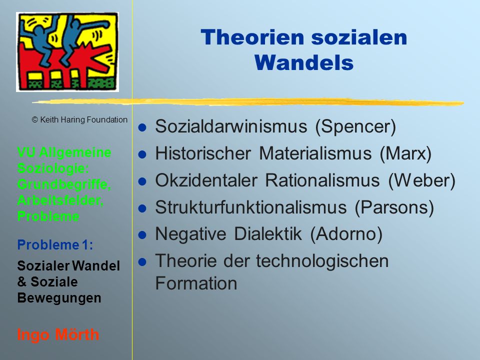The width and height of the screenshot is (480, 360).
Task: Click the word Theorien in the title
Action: point(252,37)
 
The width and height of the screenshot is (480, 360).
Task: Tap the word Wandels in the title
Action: point(304,63)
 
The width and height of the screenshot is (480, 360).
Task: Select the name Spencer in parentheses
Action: point(355,126)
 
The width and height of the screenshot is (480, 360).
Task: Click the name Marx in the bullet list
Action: point(405,153)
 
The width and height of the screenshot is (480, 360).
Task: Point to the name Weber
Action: point(422,180)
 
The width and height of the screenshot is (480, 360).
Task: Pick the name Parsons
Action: point(394,207)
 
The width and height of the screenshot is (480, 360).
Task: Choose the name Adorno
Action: point(346,234)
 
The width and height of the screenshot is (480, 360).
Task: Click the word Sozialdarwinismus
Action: point(231,126)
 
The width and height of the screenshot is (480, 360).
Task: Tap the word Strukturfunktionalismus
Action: point(251,207)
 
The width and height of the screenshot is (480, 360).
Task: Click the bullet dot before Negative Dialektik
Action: point(142,235)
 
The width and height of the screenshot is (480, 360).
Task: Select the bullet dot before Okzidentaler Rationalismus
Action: point(142,181)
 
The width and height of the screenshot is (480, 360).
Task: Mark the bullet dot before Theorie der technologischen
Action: point(142,262)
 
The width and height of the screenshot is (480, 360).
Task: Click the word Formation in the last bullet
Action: point(196,283)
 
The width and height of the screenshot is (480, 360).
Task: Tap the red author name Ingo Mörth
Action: point(58,334)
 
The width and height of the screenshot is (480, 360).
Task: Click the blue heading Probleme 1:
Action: point(55,245)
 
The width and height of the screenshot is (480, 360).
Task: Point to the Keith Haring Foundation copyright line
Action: point(79,119)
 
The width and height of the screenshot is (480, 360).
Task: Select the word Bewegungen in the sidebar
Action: point(59,298)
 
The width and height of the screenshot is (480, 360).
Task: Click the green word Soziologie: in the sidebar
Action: point(53,168)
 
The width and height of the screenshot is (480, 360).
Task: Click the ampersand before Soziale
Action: point(21,282)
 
